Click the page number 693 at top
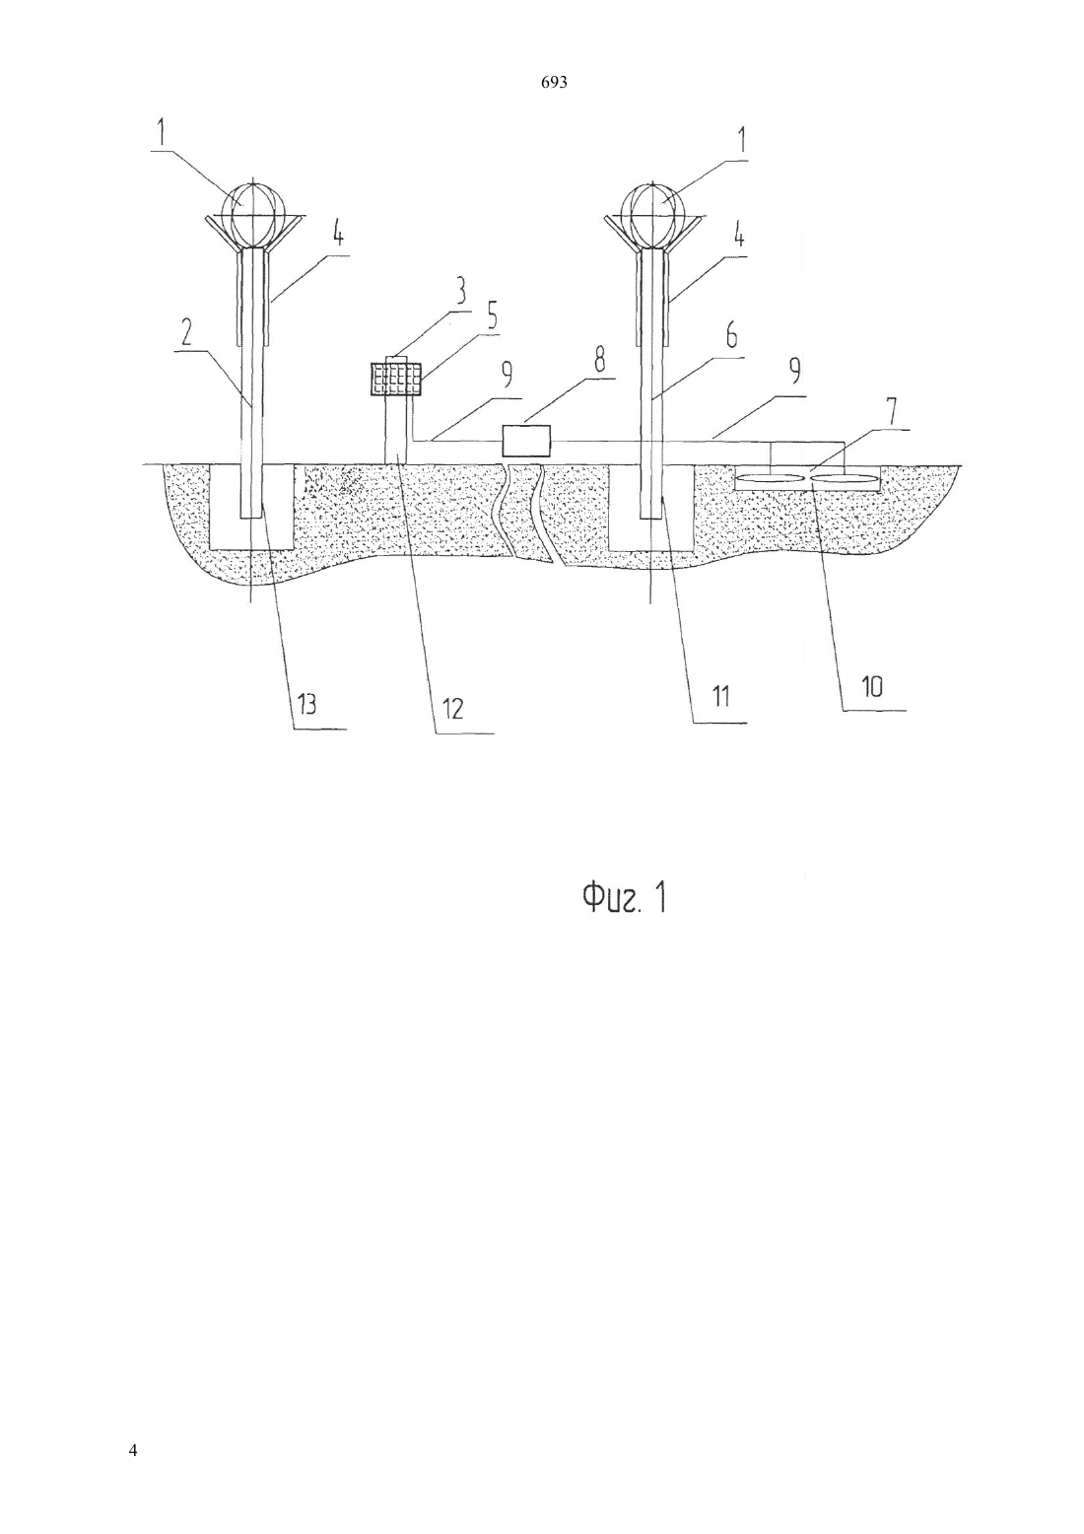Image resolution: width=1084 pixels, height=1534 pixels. [554, 83]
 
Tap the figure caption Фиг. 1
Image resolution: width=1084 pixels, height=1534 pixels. [624, 898]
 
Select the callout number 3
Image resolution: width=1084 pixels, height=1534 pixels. [459, 292]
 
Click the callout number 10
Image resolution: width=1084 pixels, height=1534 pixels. [872, 687]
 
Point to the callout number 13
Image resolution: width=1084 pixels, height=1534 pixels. [305, 703]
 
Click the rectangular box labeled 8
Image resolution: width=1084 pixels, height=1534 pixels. [526, 441]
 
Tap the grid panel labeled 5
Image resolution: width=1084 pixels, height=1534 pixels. [396, 379]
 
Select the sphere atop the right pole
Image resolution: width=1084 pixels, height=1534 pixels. [655, 215]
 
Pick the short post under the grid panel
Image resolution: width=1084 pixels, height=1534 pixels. [396, 430]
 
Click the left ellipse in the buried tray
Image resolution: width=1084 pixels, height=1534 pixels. [771, 479]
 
